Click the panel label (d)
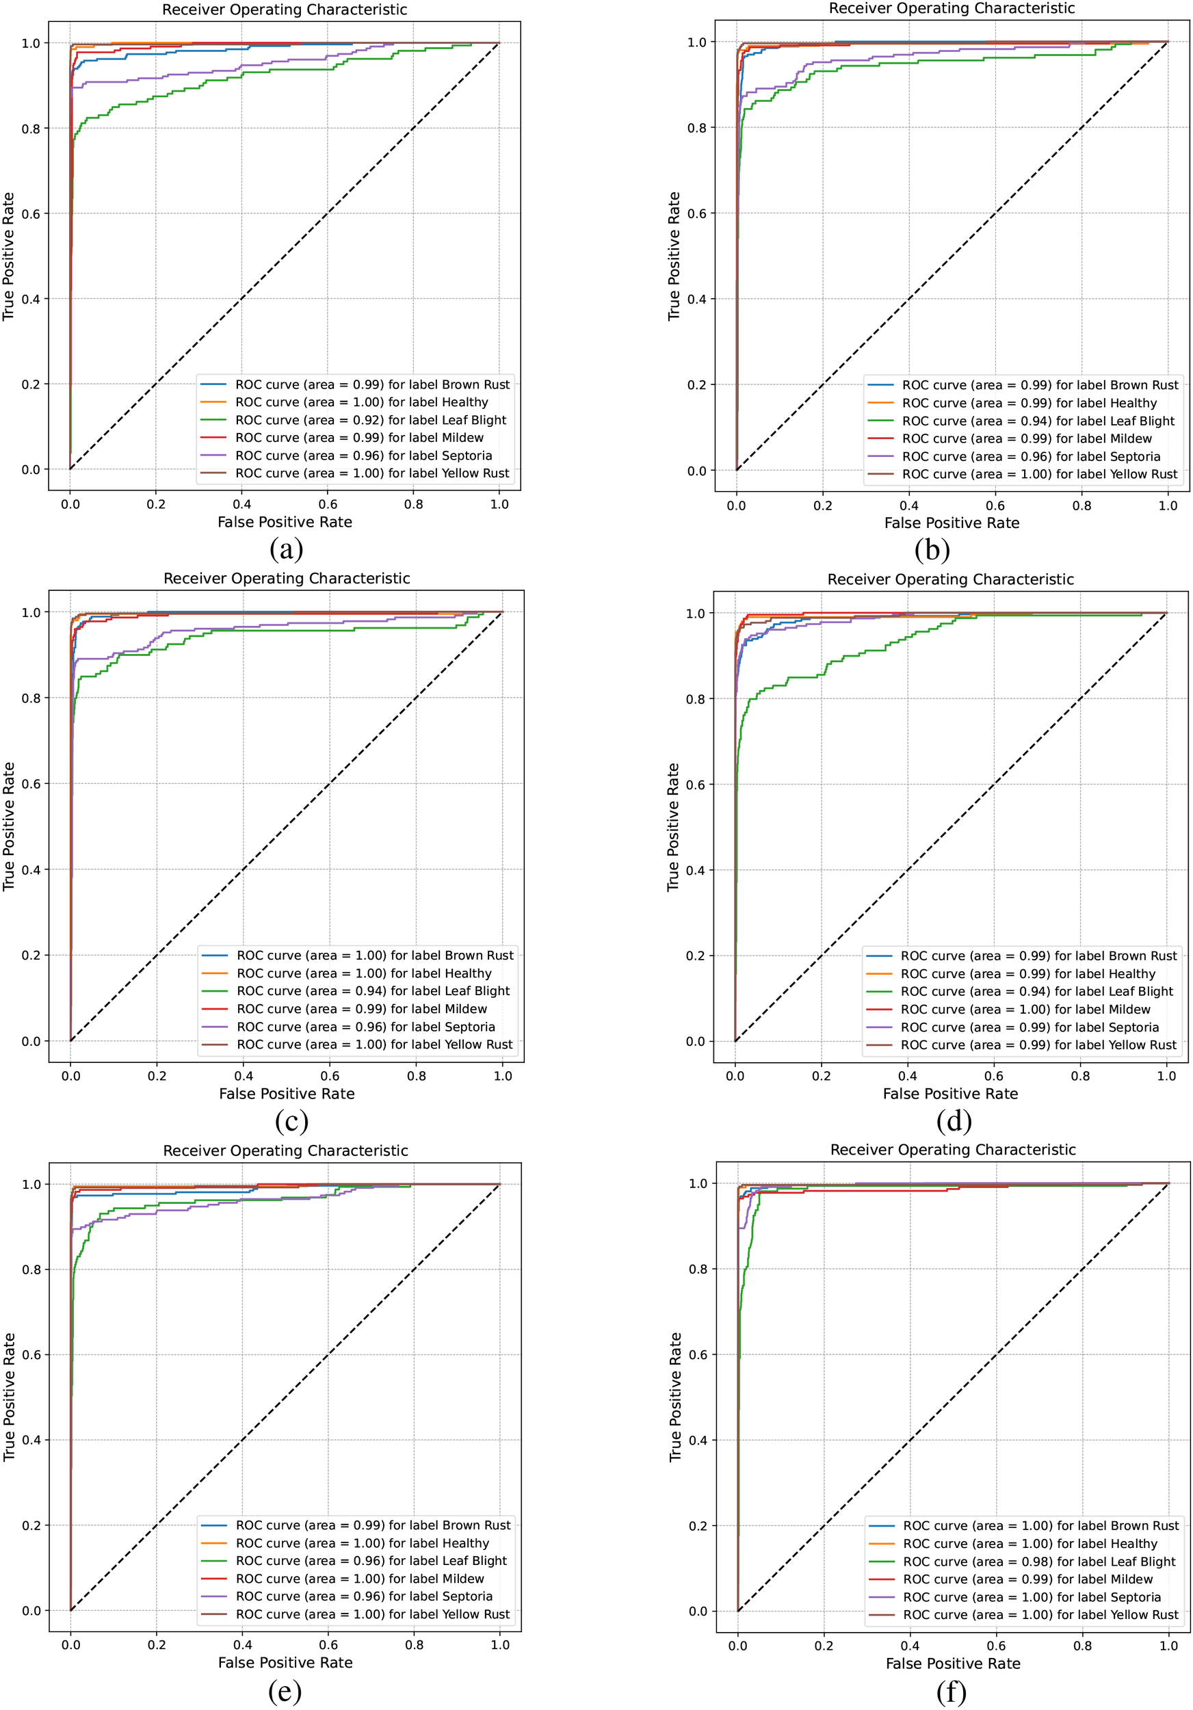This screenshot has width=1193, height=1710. tap(954, 1121)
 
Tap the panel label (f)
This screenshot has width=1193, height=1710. tap(951, 1692)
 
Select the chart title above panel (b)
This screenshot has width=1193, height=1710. tap(951, 8)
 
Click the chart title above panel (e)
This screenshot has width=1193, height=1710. tap(285, 1150)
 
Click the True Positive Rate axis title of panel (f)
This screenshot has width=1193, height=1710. tap(675, 1397)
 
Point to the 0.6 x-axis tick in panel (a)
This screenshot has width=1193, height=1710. tap(328, 504)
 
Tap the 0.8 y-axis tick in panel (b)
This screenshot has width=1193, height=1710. tap(696, 128)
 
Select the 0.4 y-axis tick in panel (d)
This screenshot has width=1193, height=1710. tap(695, 870)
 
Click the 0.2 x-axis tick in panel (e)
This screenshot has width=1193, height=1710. tap(157, 1644)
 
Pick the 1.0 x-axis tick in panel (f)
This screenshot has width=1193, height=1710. tap(1168, 1645)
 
